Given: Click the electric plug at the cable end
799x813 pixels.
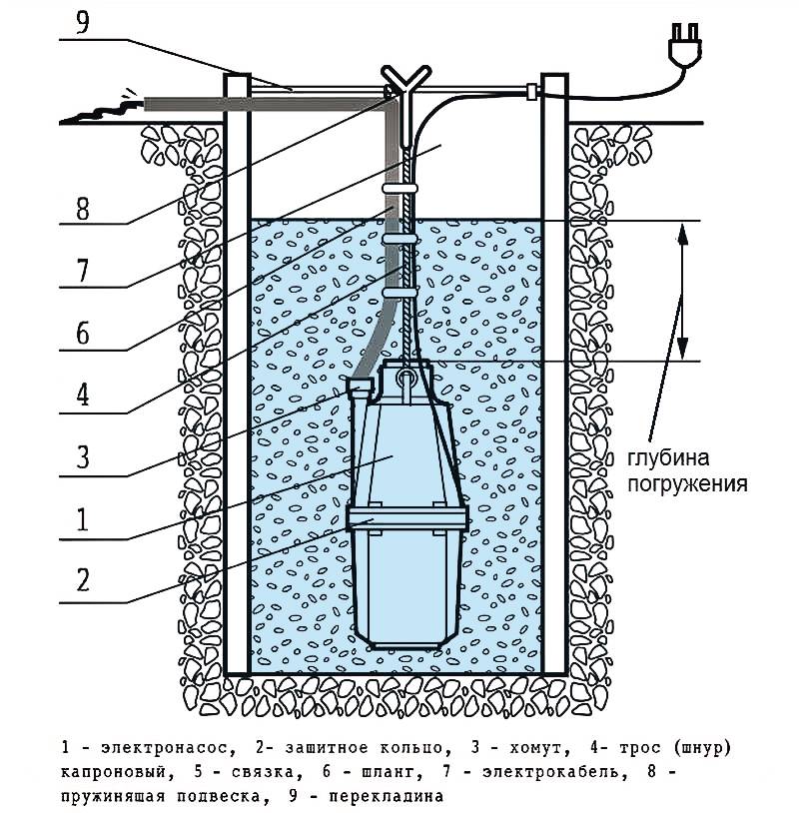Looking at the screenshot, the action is click(685, 44).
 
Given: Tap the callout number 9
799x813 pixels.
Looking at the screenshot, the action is click(83, 23).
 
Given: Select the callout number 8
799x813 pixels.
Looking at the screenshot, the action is click(83, 209).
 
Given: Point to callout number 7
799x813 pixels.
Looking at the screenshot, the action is click(83, 272).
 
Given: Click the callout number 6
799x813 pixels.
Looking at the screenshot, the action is click(83, 333).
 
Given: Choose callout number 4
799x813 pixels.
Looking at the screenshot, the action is click(83, 396).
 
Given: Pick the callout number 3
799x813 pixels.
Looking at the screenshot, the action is click(83, 457).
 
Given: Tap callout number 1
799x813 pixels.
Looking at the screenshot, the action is click(83, 520).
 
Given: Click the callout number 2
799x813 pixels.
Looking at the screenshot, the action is click(83, 580).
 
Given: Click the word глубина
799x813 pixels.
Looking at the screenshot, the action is click(669, 458).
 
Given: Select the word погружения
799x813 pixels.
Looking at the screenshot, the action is click(688, 484).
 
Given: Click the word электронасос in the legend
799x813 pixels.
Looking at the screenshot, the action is click(165, 748).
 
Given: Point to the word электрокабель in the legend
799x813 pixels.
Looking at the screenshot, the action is click(550, 771).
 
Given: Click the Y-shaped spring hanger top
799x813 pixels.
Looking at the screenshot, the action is click(405, 80).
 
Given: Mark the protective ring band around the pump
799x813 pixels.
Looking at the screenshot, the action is click(407, 518).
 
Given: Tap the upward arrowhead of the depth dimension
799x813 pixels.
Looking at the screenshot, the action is click(683, 234).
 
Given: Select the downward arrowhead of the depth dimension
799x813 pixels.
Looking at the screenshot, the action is click(683, 349).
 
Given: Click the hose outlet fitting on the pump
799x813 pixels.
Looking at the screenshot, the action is click(360, 388).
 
